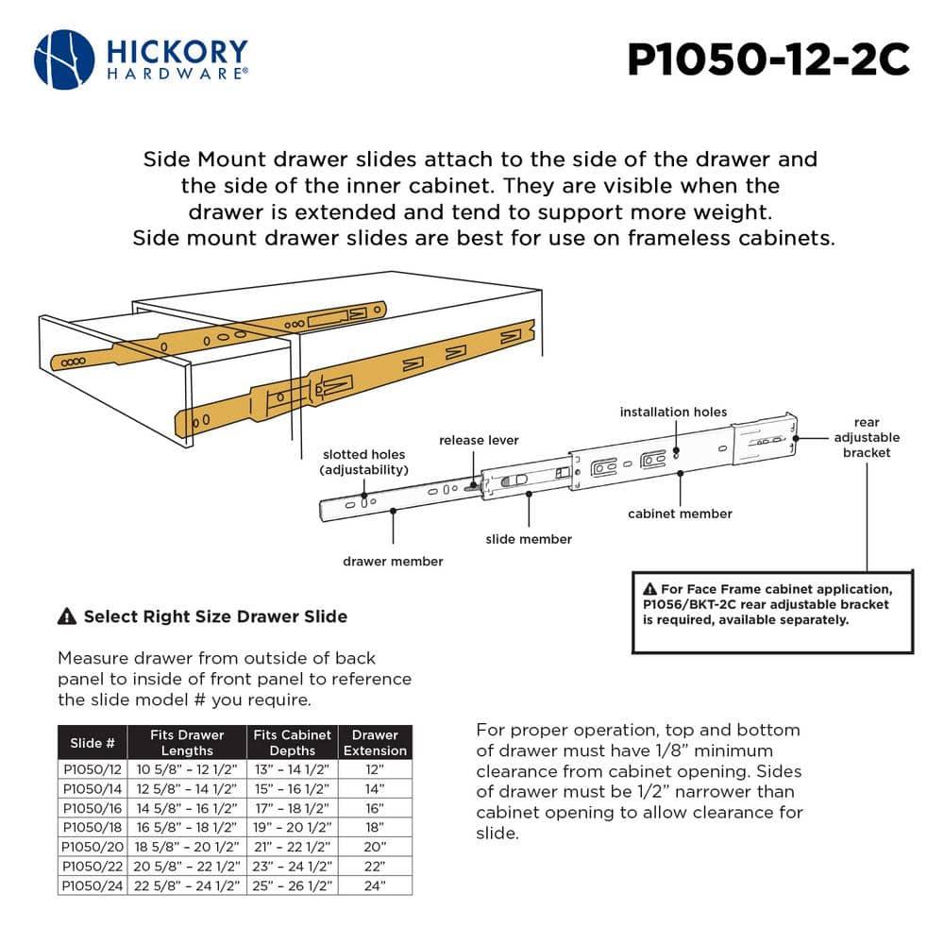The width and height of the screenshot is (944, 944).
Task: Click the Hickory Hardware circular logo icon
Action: (64, 59)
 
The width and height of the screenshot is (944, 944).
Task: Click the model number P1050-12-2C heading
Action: (768, 60)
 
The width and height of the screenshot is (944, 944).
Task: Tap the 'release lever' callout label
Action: (479, 440)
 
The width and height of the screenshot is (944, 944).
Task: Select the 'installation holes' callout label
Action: (673, 412)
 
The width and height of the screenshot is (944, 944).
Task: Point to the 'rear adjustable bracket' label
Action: (866, 437)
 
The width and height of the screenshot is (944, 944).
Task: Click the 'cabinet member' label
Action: (680, 514)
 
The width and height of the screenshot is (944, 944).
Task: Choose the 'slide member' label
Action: (529, 539)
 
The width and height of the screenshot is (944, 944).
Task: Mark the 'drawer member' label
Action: (393, 561)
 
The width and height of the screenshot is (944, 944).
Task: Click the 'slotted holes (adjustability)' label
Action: (364, 462)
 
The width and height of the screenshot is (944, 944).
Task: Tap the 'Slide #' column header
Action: (93, 743)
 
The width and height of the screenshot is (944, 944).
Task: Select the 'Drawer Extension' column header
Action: (375, 743)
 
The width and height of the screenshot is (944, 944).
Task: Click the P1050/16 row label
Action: (93, 807)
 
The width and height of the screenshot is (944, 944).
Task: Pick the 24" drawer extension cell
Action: (375, 885)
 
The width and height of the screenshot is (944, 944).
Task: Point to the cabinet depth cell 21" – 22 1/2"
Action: (293, 847)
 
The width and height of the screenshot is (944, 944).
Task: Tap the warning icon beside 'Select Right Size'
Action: (67, 617)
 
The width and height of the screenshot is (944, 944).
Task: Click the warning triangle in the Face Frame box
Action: (650, 589)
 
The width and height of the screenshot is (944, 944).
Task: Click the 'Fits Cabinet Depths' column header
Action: (293, 743)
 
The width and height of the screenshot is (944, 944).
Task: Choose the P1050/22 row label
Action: (93, 866)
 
